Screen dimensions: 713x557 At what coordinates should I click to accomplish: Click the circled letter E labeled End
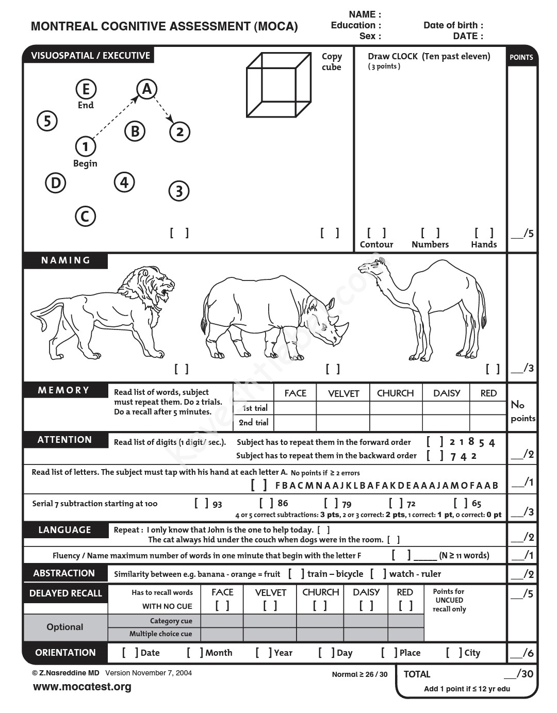86,89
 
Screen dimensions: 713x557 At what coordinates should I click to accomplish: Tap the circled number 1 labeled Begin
86,146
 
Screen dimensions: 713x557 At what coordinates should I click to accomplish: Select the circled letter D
56,183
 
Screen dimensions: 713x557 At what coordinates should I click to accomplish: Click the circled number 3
179,191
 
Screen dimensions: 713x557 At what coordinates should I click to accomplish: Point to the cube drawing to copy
278,85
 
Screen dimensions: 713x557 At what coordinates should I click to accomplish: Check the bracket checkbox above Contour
376,233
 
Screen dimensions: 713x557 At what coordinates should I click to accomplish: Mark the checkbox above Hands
484,233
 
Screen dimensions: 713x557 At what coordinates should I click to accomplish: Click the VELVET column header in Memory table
343,393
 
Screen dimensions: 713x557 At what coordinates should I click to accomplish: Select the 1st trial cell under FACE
295,408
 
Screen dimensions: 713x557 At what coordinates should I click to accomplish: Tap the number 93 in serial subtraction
217,504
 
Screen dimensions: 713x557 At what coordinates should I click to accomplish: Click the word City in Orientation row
472,653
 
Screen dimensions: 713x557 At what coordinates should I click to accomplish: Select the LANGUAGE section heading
64,530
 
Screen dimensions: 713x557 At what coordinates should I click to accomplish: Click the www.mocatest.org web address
82,687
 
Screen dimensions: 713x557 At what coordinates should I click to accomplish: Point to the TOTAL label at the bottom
417,674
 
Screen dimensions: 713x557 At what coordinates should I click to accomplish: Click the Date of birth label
453,25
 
